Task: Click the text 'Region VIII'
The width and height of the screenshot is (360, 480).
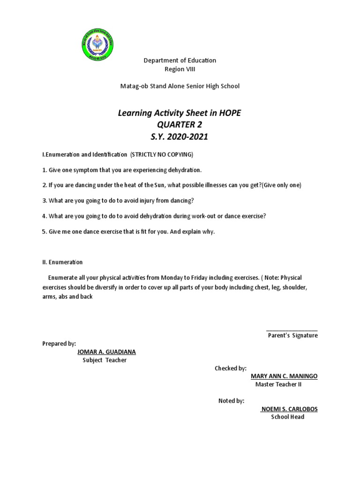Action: (x=180, y=69)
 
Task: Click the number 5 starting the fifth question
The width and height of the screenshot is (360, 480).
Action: (x=44, y=232)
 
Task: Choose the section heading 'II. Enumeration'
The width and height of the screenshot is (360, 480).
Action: (x=62, y=262)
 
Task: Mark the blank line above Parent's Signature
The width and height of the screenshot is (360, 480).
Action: (x=292, y=330)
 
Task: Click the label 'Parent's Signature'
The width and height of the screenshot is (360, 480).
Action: (x=292, y=336)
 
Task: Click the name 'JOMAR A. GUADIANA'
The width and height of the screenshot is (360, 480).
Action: (x=106, y=352)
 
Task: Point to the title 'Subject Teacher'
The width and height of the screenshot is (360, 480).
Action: (x=105, y=360)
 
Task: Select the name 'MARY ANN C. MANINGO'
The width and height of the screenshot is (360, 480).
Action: (x=284, y=376)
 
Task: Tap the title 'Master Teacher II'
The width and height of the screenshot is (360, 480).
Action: (x=278, y=385)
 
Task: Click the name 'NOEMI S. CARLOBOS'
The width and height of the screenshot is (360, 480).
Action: (x=289, y=409)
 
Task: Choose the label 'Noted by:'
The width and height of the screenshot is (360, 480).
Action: (x=232, y=401)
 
